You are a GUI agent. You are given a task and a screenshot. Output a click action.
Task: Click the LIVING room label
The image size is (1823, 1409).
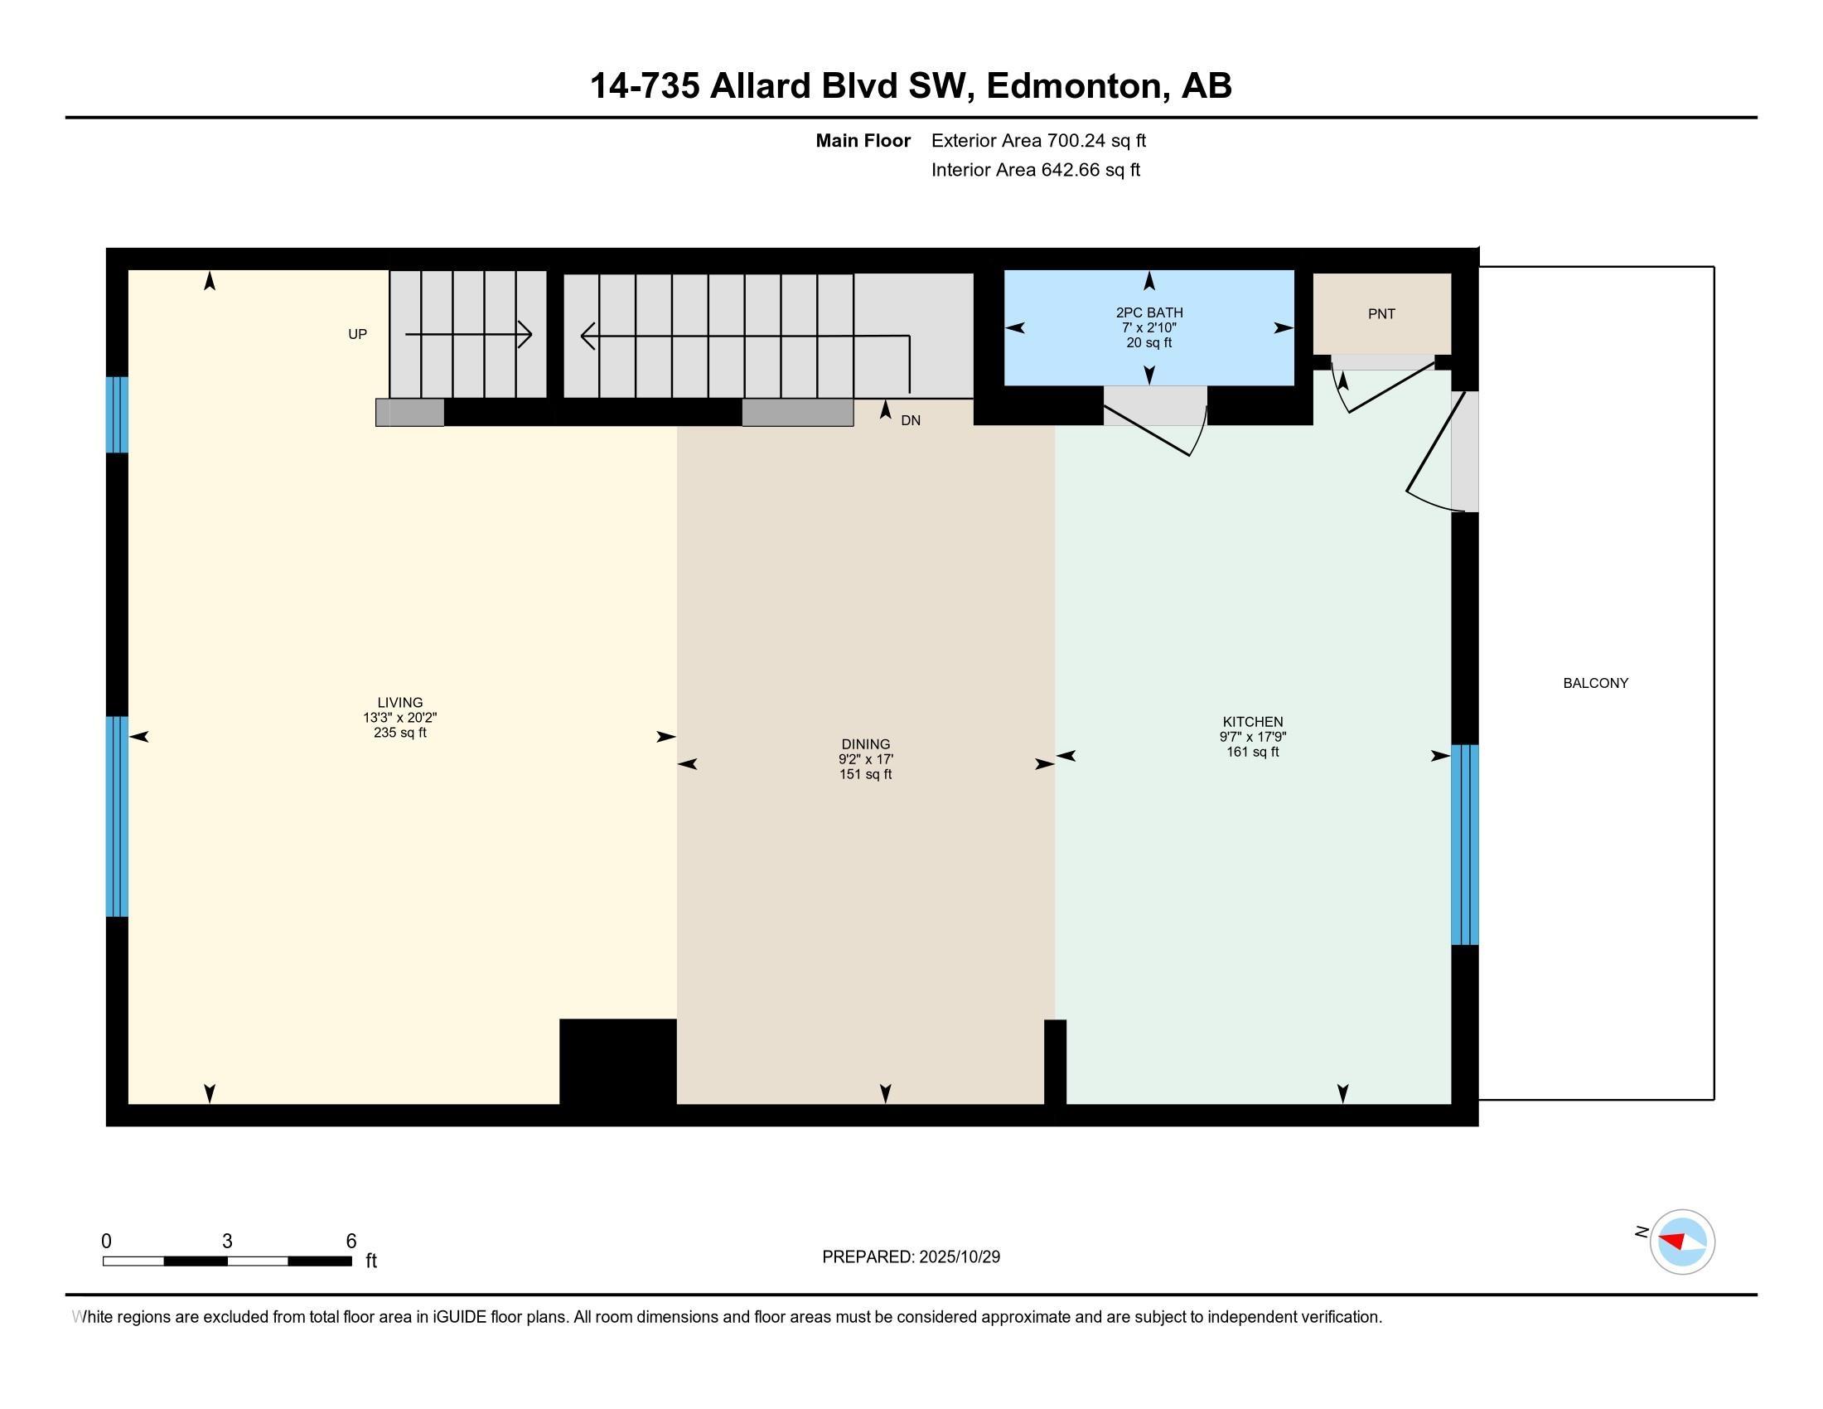[x=400, y=702]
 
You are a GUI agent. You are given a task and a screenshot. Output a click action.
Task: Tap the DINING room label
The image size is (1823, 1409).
[x=865, y=743]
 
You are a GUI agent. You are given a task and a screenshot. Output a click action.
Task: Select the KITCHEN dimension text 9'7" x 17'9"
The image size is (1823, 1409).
[x=1252, y=737]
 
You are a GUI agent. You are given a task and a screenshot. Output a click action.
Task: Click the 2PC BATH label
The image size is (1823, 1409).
[x=1148, y=312]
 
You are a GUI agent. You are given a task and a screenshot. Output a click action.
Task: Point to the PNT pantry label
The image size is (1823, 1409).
[x=1381, y=314]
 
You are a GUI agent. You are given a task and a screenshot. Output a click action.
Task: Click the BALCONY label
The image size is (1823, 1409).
[x=1595, y=683]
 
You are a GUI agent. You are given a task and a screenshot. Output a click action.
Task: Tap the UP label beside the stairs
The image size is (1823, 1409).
[x=357, y=334]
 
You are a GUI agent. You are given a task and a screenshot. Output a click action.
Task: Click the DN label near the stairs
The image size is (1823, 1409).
[x=910, y=421]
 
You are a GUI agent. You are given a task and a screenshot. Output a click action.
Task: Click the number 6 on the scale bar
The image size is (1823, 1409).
[x=351, y=1242]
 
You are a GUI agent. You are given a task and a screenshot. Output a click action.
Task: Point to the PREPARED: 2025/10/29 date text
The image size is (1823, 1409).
[x=911, y=1257]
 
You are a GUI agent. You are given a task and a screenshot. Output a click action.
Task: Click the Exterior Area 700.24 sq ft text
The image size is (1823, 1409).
[x=1038, y=141]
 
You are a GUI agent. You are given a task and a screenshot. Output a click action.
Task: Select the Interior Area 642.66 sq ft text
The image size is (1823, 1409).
[x=1035, y=170]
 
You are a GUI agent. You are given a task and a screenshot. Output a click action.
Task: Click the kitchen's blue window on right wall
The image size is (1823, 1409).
[x=1465, y=844]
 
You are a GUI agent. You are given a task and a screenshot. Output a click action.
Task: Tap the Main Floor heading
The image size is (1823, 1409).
[x=863, y=141]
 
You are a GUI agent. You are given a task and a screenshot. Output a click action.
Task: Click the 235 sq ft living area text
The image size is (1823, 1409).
[x=400, y=733]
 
